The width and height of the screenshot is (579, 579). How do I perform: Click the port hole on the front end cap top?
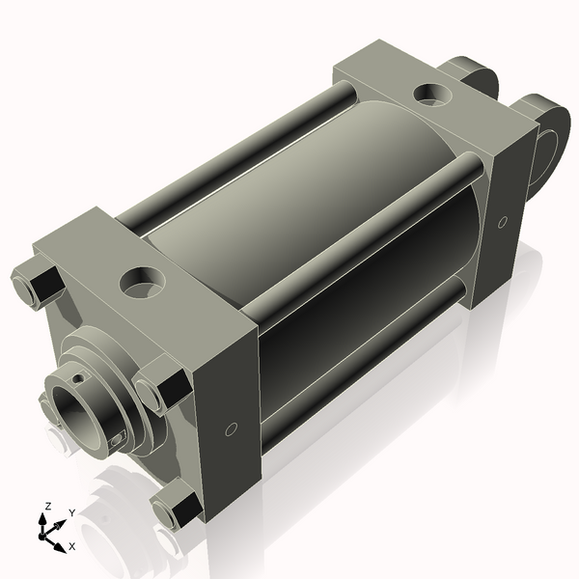click(142, 282)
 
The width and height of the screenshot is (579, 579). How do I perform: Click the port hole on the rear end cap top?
click(430, 95)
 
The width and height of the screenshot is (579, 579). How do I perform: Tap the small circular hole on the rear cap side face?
click(502, 223)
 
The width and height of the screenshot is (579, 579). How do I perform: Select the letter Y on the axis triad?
click(71, 513)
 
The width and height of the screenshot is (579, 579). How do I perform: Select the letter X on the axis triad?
click(72, 546)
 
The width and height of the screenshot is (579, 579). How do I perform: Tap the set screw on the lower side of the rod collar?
click(117, 440)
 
